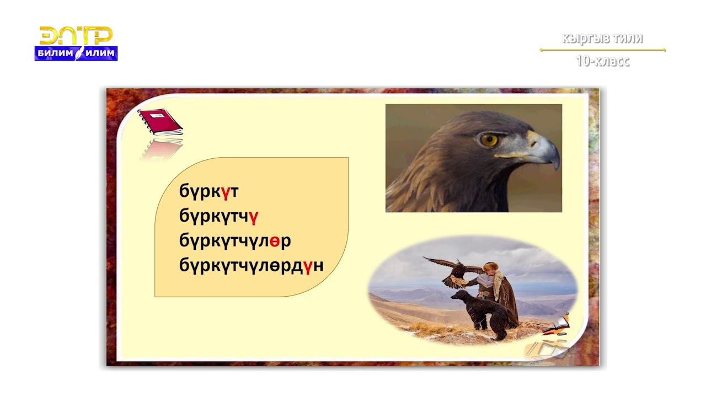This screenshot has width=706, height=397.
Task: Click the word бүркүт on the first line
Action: [208, 191]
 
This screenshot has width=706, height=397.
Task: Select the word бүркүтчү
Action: [218, 216]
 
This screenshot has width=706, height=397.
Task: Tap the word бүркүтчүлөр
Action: [235, 241]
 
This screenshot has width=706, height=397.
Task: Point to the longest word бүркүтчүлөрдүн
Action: [251, 266]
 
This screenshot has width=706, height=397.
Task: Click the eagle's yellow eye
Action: [489, 140]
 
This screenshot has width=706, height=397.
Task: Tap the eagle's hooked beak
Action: [545, 152]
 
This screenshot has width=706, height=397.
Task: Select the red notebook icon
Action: [160, 121]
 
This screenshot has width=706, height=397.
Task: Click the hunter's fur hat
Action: [490, 267]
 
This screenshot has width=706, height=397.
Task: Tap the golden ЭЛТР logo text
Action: [76, 36]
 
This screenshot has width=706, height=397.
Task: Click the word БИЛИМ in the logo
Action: [55, 53]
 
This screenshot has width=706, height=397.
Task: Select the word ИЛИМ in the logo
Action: [100, 53]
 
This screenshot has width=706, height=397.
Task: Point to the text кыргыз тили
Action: [602, 39]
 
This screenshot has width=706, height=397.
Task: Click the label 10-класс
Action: [602, 61]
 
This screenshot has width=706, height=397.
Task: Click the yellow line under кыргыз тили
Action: [602, 50]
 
